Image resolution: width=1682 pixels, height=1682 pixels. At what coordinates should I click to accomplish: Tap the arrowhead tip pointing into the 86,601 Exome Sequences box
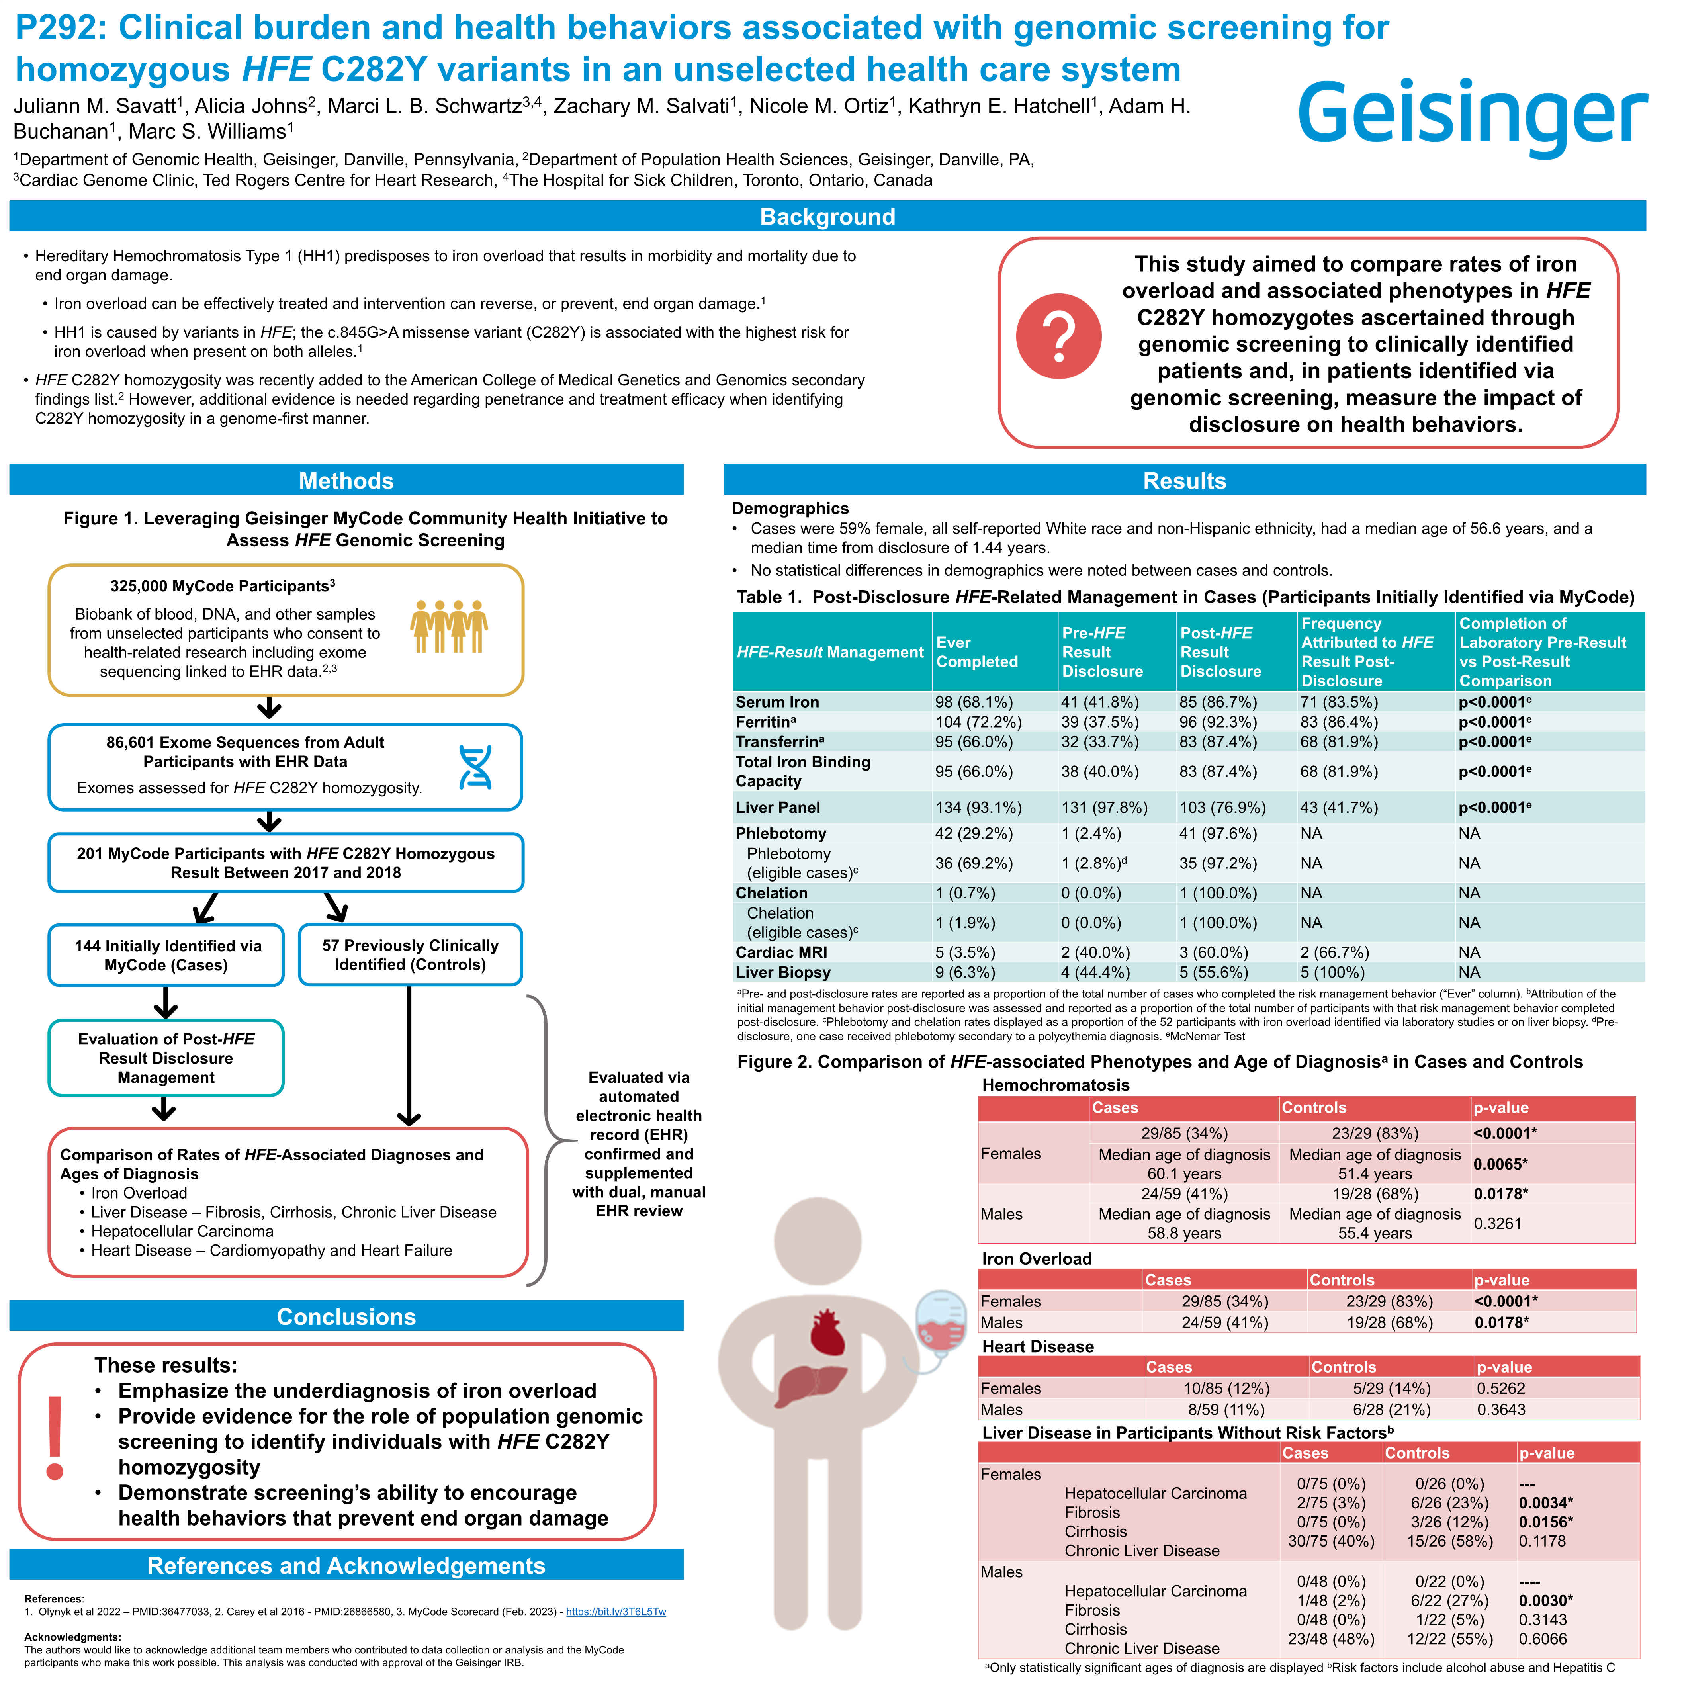coord(270,718)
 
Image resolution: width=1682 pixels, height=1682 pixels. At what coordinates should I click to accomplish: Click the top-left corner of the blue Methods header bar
coord(10,464)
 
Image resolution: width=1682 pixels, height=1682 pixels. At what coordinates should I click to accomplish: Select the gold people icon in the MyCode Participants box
coord(449,626)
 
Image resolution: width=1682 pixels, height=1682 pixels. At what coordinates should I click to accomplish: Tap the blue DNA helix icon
coord(475,767)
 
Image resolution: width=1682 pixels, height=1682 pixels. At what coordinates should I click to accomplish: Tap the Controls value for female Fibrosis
coord(1449,1503)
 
